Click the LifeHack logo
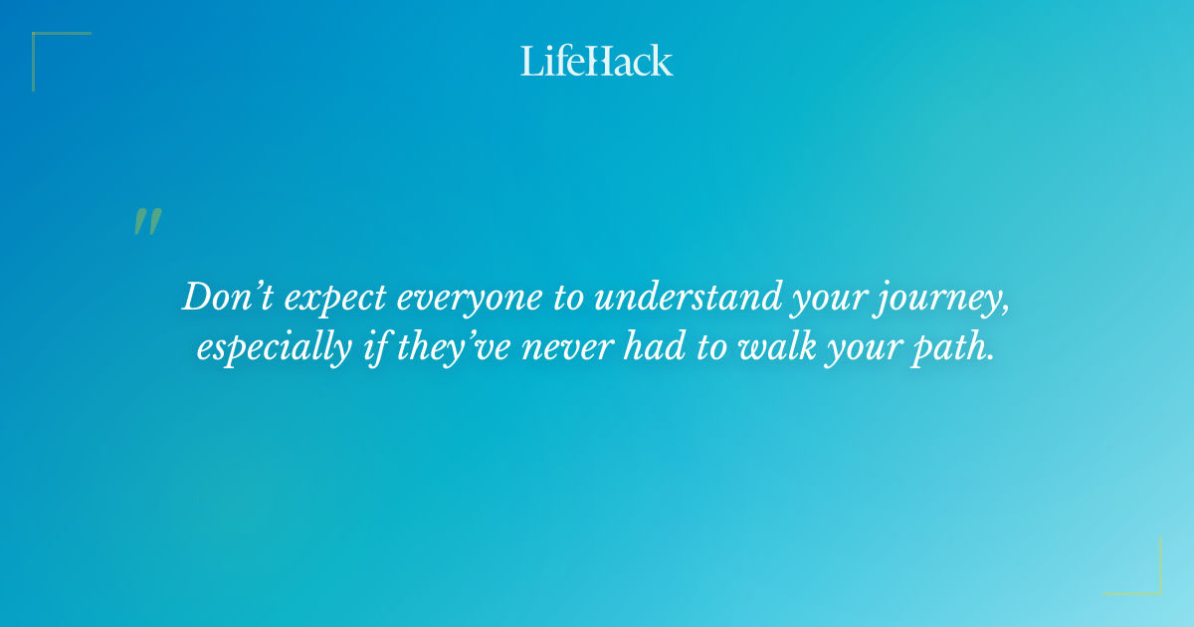(x=597, y=61)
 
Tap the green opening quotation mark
(x=146, y=222)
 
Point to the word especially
(x=270, y=349)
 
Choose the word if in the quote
(x=365, y=349)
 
